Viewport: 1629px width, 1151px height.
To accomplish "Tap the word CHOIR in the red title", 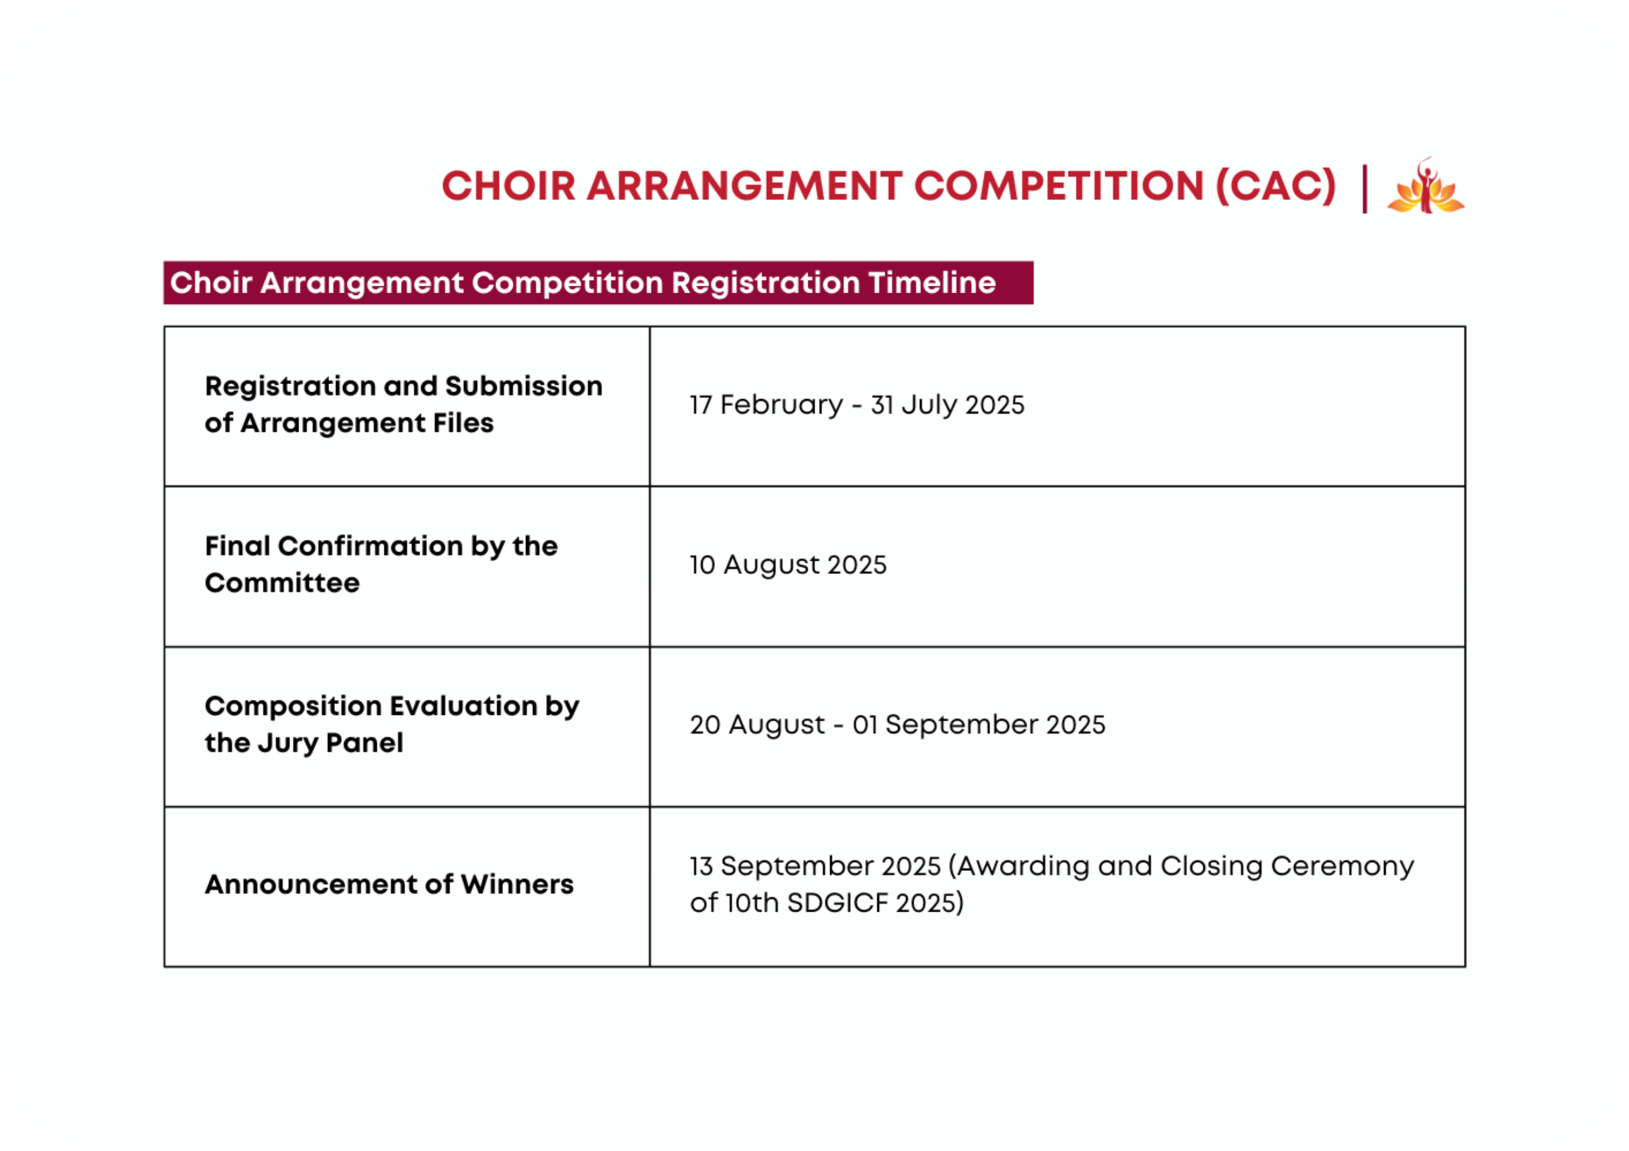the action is (x=508, y=187).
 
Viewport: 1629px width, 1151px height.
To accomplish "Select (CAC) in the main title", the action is (x=1275, y=187).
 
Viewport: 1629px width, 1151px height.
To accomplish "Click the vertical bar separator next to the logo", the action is (x=1364, y=189).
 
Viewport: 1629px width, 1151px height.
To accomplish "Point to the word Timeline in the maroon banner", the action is (x=932, y=283).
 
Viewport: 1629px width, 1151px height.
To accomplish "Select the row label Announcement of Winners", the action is (x=389, y=884).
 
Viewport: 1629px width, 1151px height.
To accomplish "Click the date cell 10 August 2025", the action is (x=788, y=565).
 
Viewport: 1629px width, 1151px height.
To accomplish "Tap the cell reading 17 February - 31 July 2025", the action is (x=857, y=405).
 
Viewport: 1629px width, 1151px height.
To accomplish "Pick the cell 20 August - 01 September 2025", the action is (x=897, y=725).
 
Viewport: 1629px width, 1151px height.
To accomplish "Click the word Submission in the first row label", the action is (x=524, y=387).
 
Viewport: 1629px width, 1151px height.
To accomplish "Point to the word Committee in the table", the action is (x=282, y=583).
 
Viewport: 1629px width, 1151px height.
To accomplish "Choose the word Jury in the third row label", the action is (x=287, y=744).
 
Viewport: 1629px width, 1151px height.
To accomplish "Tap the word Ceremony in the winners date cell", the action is (x=1342, y=867).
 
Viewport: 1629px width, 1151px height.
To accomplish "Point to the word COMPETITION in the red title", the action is (x=1058, y=187).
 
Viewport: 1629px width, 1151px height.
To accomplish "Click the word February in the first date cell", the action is (x=781, y=405).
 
